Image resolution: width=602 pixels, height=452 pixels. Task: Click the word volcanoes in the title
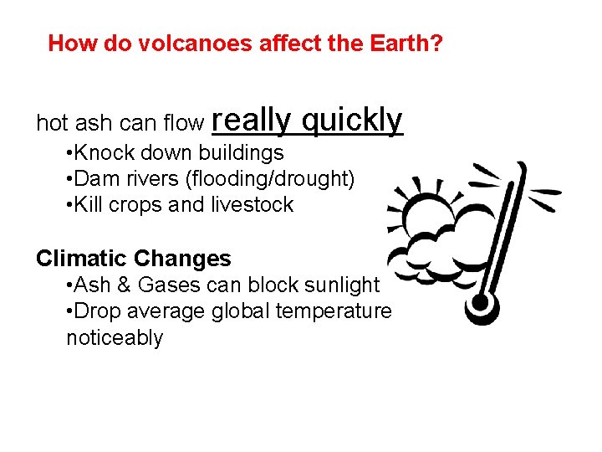(161, 43)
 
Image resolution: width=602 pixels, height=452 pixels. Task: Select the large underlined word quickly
(352, 121)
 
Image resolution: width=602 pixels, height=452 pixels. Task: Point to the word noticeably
(115, 337)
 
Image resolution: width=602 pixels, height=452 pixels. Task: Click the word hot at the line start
(51, 124)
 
